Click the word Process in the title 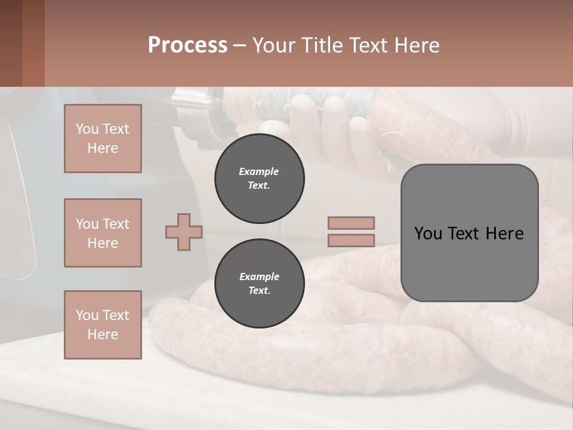tap(187, 45)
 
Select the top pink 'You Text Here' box tap(103, 139)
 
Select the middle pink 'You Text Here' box tap(103, 233)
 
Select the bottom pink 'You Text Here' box tap(103, 325)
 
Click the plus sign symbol tap(184, 232)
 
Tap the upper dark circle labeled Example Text tap(259, 178)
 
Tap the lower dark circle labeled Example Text tap(259, 283)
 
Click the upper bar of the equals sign tap(351, 223)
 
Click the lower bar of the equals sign tap(351, 241)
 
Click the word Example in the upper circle tap(259, 171)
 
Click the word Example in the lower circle tap(259, 277)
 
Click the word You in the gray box tap(427, 234)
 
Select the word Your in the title tap(273, 45)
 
